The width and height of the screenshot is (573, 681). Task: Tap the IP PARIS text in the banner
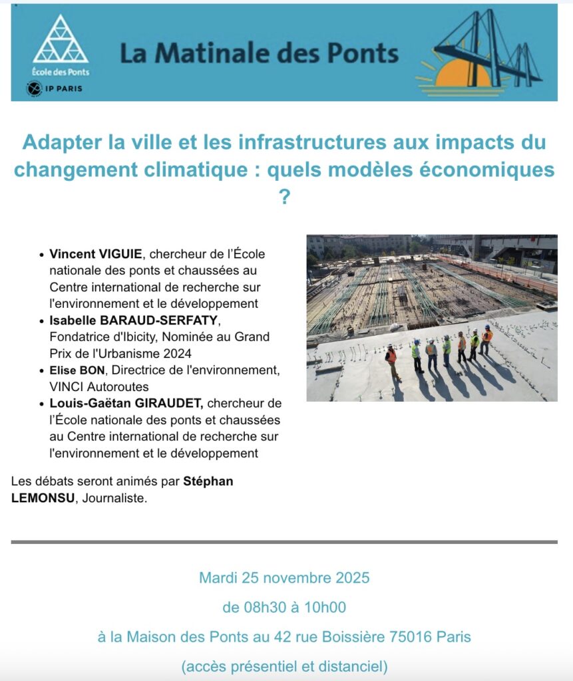pos(65,88)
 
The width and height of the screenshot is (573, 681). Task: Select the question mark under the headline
pos(284,198)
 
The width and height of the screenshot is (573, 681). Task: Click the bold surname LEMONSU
pos(43,498)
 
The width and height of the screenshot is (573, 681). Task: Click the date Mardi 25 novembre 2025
pos(284,577)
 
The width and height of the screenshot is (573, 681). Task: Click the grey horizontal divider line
pos(284,542)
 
